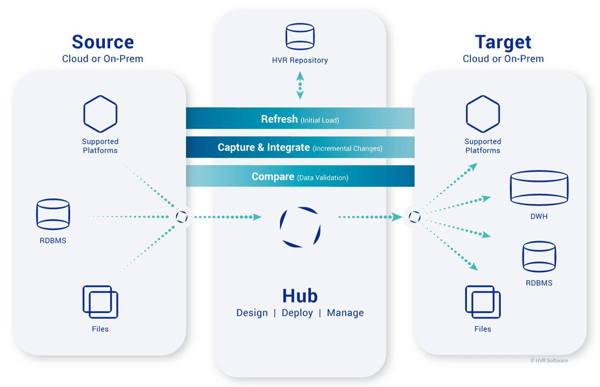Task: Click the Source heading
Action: point(102,42)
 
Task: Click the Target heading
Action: point(502,42)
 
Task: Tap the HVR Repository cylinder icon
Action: point(300,37)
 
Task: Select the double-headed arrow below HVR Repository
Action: point(300,85)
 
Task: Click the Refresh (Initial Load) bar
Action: point(300,119)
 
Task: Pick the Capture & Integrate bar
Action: point(300,148)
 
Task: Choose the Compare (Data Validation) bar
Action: point(300,176)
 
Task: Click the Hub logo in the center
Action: point(300,227)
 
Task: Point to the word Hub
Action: point(300,295)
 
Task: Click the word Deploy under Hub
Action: point(297,313)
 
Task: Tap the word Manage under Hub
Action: point(345,313)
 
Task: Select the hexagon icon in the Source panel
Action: point(100,114)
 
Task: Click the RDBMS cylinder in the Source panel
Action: point(53,214)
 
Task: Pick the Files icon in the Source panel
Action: point(100,302)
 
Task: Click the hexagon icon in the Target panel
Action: point(483,114)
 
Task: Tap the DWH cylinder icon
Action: point(538,188)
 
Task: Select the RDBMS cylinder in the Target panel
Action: point(538,256)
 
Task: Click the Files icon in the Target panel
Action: point(483,302)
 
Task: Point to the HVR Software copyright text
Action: point(549,360)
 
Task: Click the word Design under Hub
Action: point(252,313)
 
